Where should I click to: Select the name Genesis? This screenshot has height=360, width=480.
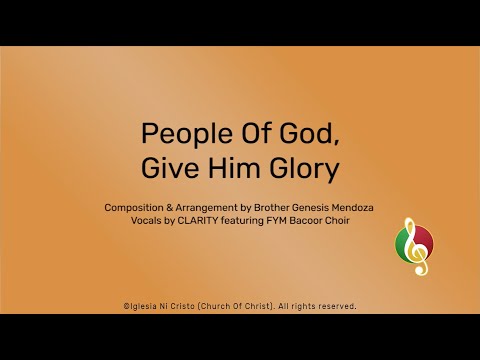314,208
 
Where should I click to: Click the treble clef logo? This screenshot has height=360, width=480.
414,246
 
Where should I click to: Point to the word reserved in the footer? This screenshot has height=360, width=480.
335,306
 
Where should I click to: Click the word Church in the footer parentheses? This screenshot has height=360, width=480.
222,306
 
